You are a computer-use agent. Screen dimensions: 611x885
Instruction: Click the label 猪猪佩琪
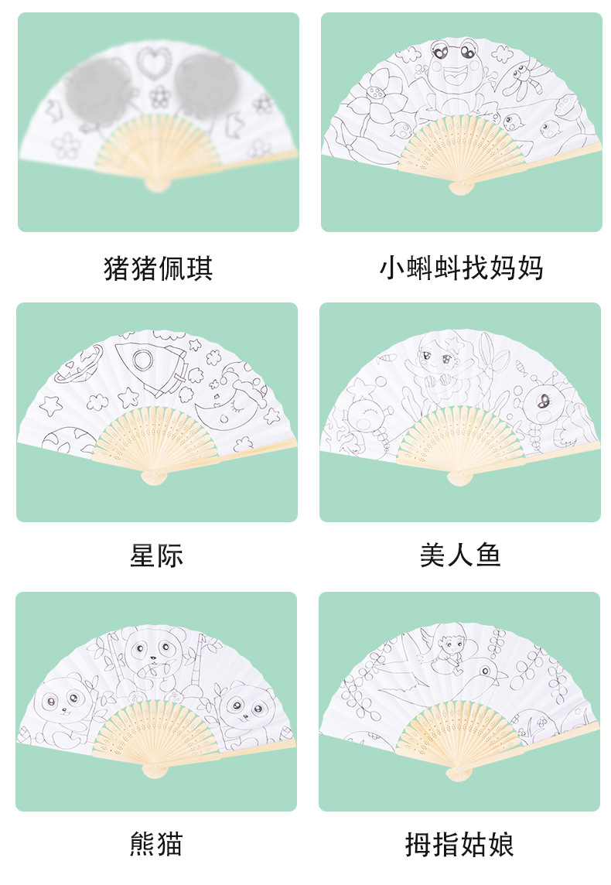point(158,268)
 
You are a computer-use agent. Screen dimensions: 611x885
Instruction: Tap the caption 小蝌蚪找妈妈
point(461,268)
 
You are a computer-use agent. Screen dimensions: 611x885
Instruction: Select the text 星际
point(156,555)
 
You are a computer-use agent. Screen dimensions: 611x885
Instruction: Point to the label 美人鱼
point(460,555)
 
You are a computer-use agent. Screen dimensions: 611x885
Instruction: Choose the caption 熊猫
point(156,843)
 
